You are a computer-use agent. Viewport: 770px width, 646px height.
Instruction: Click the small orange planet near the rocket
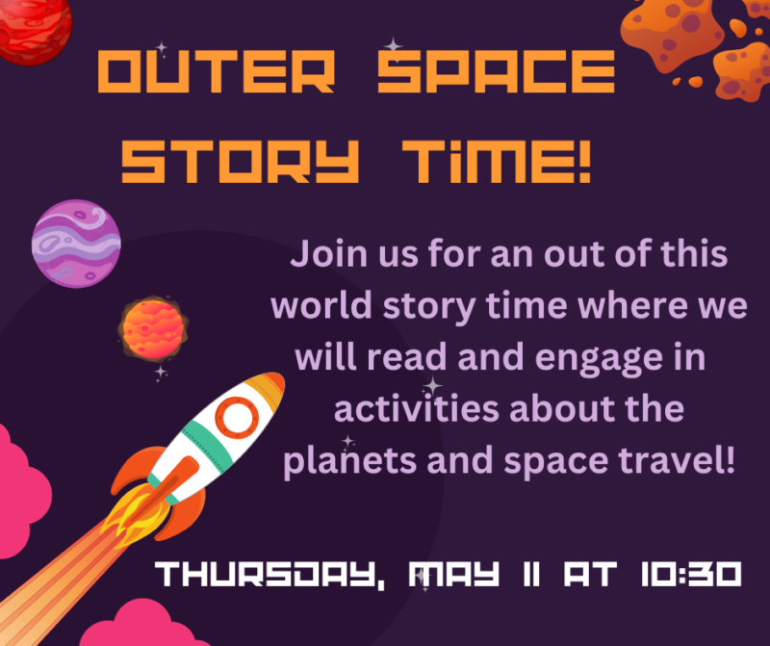click(150, 329)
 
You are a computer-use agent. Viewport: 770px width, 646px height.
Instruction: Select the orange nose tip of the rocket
click(274, 384)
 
